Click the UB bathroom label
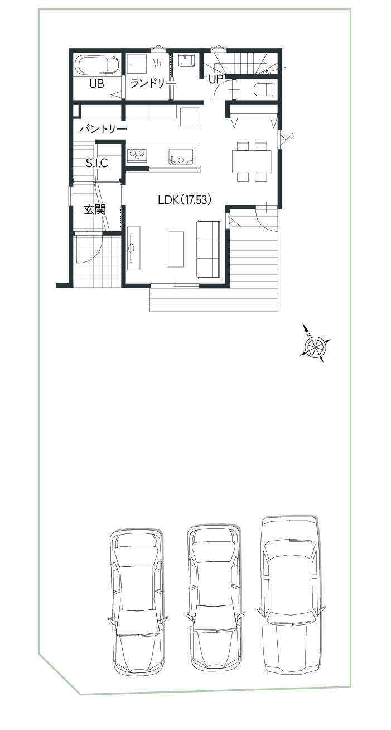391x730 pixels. (96, 84)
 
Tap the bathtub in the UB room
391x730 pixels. (97, 65)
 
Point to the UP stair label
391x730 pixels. (215, 79)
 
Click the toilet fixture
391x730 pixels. (264, 89)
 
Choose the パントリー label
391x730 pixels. (103, 130)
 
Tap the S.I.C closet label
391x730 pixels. (96, 163)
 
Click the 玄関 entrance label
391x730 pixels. (95, 209)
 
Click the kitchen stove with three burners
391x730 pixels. (137, 155)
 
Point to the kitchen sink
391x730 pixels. (181, 156)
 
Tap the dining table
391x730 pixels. (252, 161)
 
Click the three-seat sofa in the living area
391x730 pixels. (209, 249)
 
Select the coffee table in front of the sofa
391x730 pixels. (176, 249)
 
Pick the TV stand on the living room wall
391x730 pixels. (133, 248)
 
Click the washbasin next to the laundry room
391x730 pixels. (186, 61)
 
